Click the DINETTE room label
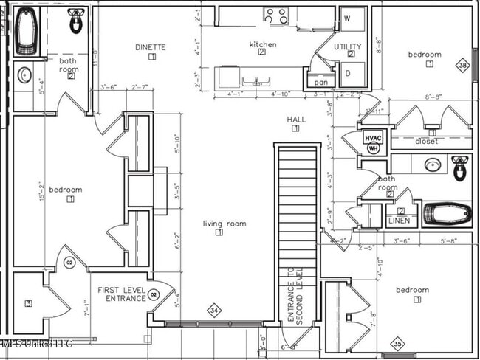[151, 47]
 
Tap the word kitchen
[262, 45]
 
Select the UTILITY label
[348, 46]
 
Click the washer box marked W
[348, 18]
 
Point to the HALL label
[296, 120]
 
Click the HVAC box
[373, 137]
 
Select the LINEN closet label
[398, 221]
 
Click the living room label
[224, 224]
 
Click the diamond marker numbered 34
[214, 310]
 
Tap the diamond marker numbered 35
[398, 344]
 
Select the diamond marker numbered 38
[463, 66]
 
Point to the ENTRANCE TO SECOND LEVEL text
[295, 295]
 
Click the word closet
[426, 141]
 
